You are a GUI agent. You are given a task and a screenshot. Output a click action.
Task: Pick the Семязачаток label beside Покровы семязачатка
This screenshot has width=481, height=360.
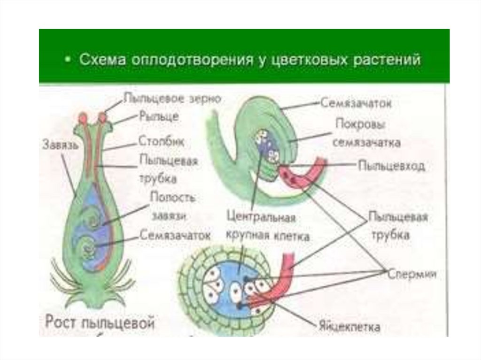(356, 103)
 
